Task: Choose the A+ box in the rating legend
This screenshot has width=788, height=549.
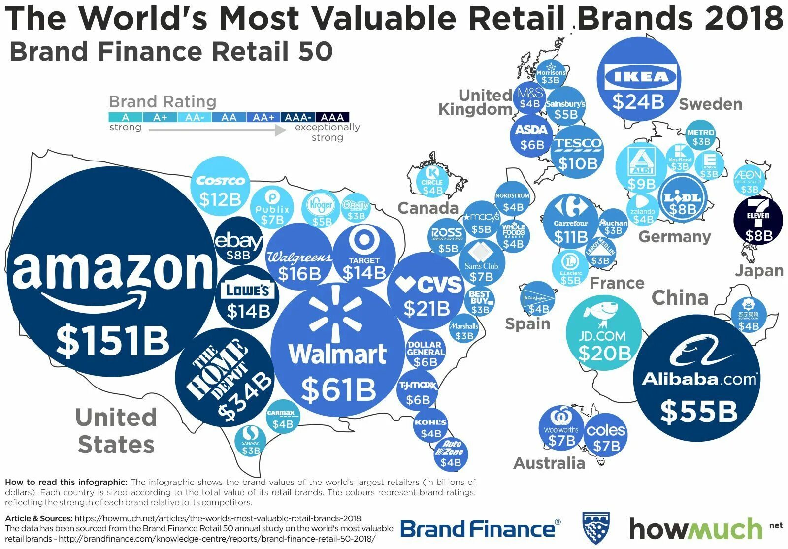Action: [x=160, y=117]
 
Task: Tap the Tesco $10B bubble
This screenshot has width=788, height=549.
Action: [x=577, y=153]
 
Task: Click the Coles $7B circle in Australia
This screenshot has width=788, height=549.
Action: [x=606, y=436]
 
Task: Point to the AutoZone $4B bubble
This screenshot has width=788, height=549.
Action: [x=451, y=454]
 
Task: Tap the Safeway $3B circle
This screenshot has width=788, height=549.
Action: [x=251, y=441]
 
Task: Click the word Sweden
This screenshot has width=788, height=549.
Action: [x=710, y=104]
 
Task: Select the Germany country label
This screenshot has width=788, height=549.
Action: [x=674, y=237]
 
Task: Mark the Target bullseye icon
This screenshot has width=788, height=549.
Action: [x=364, y=240]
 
